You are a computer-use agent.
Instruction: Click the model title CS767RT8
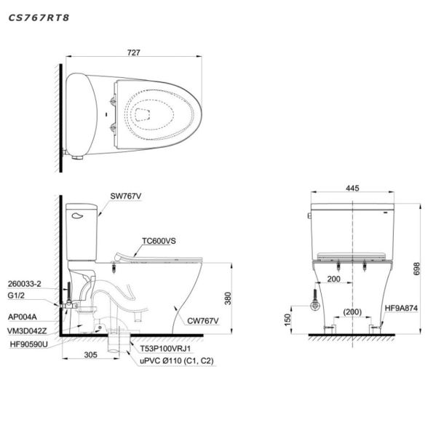click(39, 17)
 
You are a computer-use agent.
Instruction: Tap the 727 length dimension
click(133, 52)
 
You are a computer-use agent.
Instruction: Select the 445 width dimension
click(352, 188)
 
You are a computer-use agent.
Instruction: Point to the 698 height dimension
click(416, 269)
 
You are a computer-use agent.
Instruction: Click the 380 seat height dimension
click(228, 298)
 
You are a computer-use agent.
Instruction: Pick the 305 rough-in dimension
click(90, 354)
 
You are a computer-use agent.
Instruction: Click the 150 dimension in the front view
click(288, 320)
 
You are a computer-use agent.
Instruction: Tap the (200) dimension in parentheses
click(352, 312)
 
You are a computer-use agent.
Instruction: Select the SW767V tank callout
click(125, 196)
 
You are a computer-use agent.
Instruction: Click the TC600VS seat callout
click(159, 241)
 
